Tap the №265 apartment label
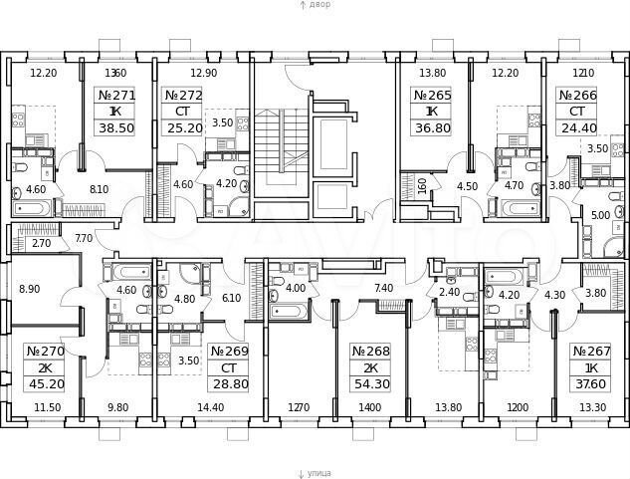pos(432,96)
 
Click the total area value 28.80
pos(228,384)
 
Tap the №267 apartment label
pos(590,352)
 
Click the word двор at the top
pos(318,5)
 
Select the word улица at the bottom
pos(319,474)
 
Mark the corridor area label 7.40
pos(383,288)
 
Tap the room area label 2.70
pos(41,242)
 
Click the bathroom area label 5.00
pos(599,214)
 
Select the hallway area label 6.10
pos(231,298)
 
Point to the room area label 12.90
pos(203,73)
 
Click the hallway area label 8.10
pos(99,188)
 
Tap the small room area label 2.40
pos(450,293)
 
